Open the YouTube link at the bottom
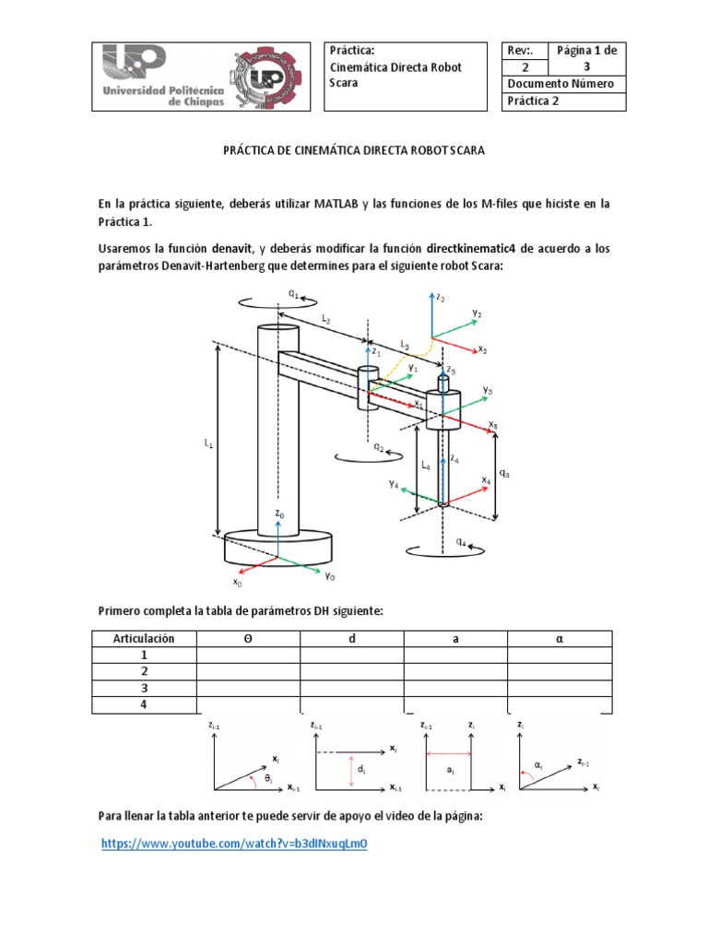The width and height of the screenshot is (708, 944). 234,844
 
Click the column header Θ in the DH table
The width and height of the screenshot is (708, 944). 248,638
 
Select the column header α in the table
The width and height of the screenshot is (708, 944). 559,638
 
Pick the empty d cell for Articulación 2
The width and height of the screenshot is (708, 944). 351,671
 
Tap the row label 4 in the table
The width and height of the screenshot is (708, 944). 144,705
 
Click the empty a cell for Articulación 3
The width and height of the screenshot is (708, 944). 455,689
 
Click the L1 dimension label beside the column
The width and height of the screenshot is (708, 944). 208,443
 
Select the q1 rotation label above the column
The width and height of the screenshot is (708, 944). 293,292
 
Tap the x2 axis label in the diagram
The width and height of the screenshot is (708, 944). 482,350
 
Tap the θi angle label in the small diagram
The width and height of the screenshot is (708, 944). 268,779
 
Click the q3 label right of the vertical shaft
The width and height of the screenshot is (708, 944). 504,474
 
